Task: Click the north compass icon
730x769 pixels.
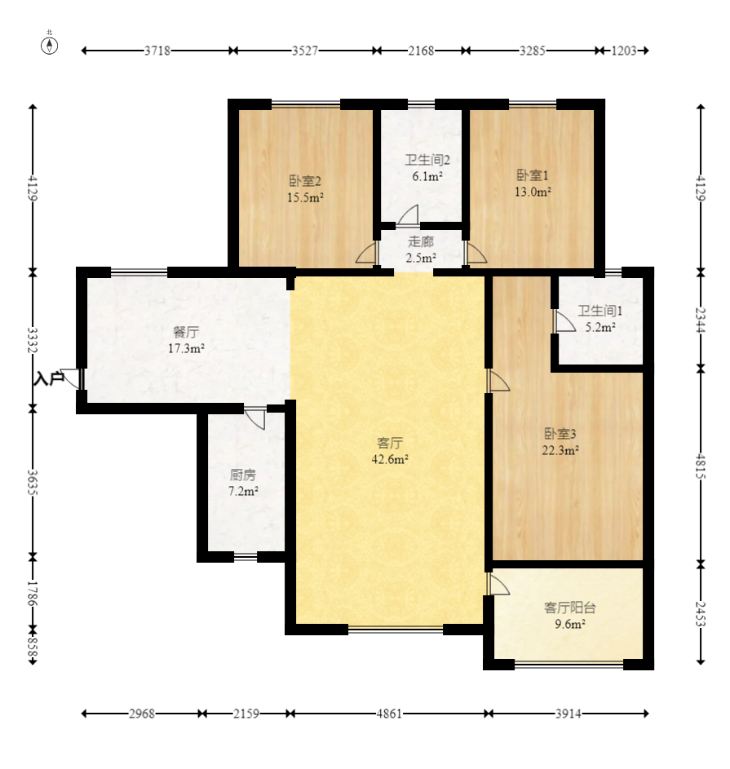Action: pyautogui.click(x=49, y=45)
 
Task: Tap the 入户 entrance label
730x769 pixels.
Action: pyautogui.click(x=49, y=378)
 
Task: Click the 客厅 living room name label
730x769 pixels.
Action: pyautogui.click(x=390, y=444)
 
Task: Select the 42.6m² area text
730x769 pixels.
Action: pyautogui.click(x=390, y=460)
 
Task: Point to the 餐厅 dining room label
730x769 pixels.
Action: pyautogui.click(x=186, y=333)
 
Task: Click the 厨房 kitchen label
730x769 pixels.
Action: pyautogui.click(x=243, y=475)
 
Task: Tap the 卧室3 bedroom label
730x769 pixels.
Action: pyautogui.click(x=560, y=434)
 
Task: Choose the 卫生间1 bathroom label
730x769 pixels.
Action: pyautogui.click(x=600, y=311)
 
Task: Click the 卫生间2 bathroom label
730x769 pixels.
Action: pyautogui.click(x=427, y=160)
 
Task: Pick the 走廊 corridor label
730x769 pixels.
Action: pyautogui.click(x=421, y=241)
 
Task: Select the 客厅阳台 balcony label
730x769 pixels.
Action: pyautogui.click(x=569, y=608)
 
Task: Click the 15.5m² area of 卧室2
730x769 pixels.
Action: pyautogui.click(x=305, y=197)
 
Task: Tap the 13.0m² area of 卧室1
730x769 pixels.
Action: pyautogui.click(x=533, y=192)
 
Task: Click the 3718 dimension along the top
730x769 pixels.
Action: pyautogui.click(x=157, y=51)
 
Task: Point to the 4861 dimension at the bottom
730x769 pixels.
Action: pyautogui.click(x=389, y=714)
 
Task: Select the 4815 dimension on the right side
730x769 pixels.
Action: pyautogui.click(x=701, y=466)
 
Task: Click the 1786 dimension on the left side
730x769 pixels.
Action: pyautogui.click(x=33, y=593)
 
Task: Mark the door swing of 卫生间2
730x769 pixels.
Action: pyautogui.click(x=408, y=214)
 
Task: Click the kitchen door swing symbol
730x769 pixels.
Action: pyautogui.click(x=255, y=418)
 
